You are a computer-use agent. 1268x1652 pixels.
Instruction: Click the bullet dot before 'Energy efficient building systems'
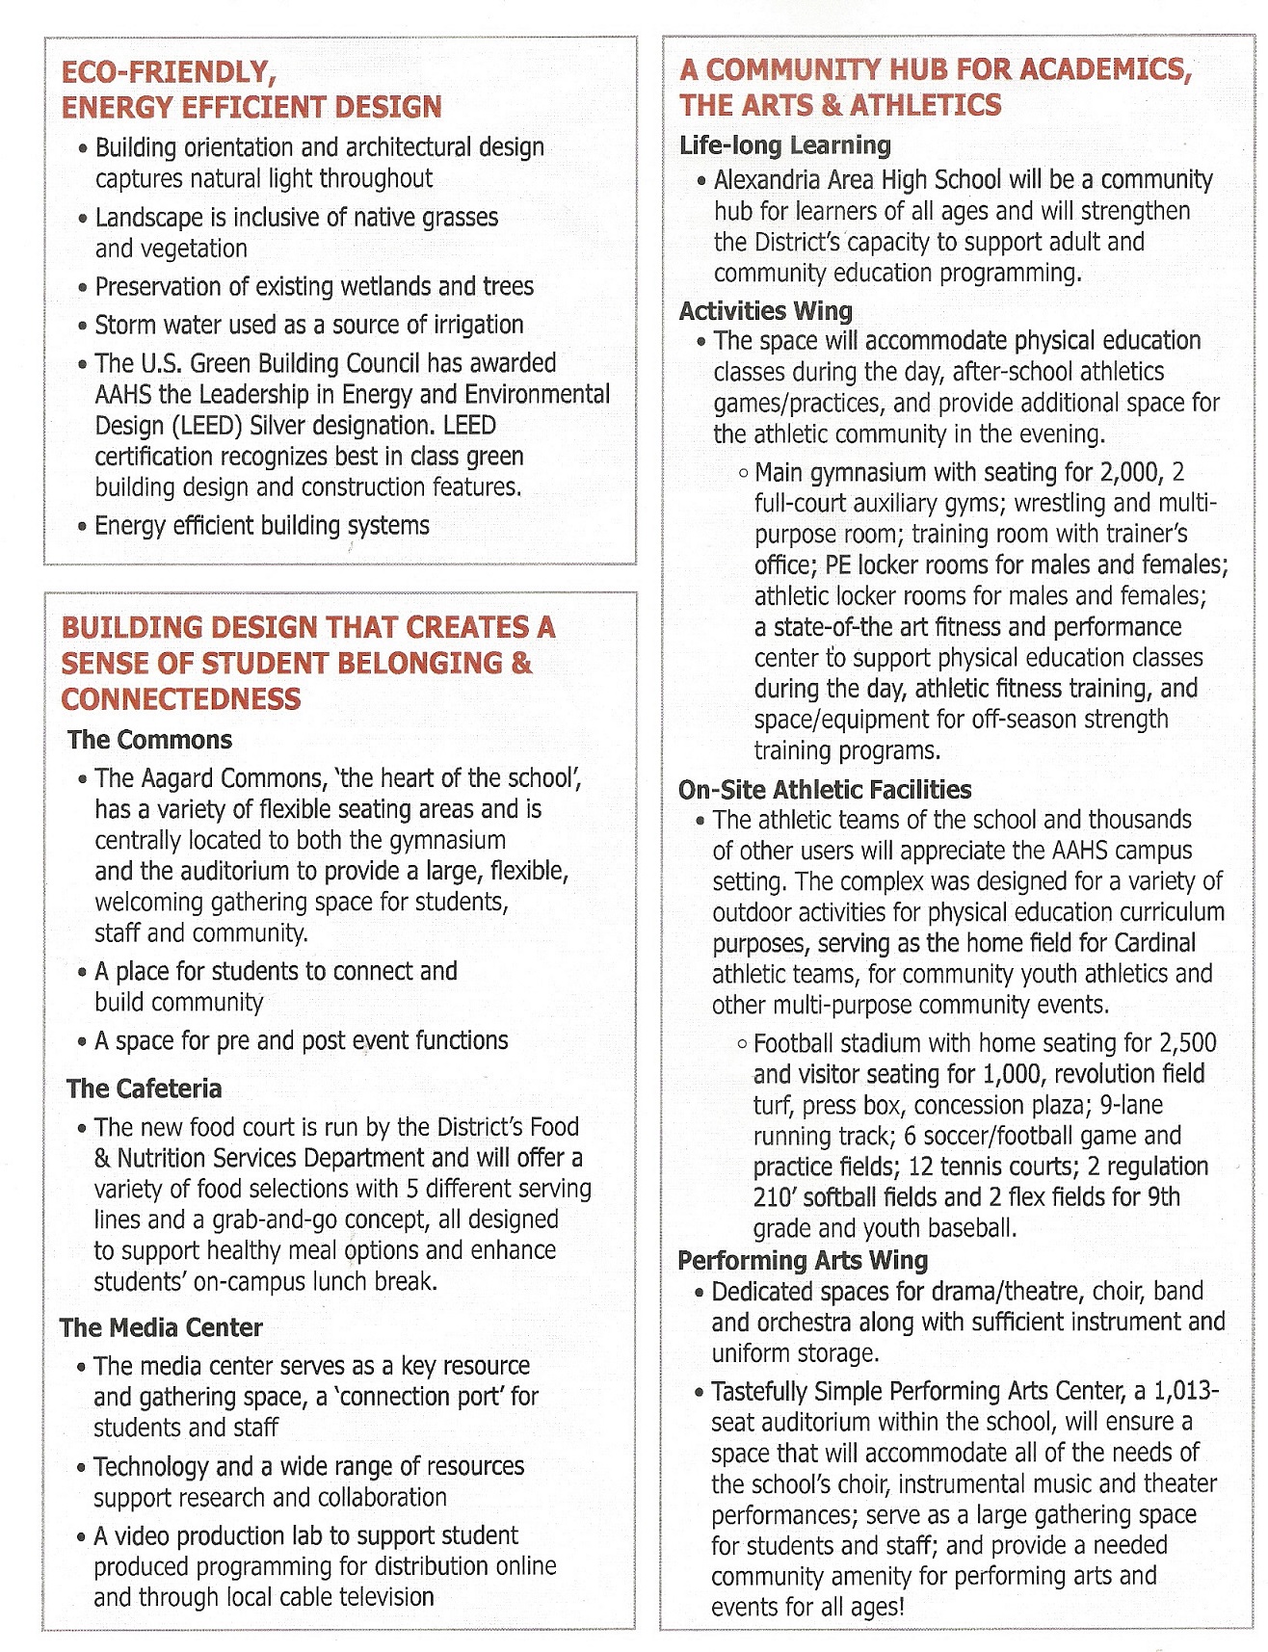tap(83, 527)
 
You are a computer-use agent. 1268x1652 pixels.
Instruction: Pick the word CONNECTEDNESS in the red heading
tap(181, 699)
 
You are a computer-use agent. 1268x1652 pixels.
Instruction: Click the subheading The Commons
tap(149, 740)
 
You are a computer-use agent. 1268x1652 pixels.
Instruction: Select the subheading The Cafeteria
tap(145, 1088)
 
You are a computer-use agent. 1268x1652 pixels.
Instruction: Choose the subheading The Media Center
tap(161, 1327)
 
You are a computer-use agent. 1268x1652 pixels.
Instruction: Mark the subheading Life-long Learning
tap(784, 145)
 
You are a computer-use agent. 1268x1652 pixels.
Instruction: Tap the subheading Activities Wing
tap(765, 311)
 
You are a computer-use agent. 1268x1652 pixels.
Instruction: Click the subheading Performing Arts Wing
tap(803, 1261)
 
